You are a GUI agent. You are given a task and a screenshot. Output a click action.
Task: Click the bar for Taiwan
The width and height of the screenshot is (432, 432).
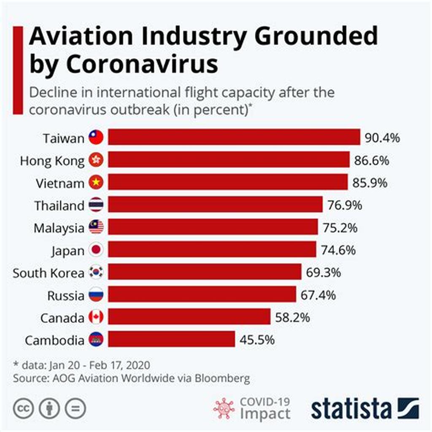click(234, 138)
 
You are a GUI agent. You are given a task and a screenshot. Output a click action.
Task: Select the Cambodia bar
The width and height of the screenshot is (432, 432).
click(171, 339)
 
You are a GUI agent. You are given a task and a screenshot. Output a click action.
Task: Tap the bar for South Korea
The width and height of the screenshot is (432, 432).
click(205, 272)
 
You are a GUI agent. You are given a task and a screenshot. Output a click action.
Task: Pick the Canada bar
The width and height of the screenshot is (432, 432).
click(189, 317)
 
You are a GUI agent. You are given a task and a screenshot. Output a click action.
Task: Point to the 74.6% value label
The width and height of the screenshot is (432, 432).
click(338, 250)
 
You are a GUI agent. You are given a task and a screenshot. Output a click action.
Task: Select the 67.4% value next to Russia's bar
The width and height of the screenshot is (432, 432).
click(319, 295)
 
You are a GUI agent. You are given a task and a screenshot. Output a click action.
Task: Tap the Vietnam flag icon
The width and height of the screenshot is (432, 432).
click(96, 183)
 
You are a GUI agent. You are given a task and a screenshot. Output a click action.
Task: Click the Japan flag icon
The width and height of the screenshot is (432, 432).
click(96, 250)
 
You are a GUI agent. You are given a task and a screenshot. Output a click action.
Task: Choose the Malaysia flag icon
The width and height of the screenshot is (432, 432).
click(96, 228)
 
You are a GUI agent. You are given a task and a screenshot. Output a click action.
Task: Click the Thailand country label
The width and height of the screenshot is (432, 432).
click(59, 206)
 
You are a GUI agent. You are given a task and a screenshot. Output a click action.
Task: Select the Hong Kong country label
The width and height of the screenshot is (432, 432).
click(52, 161)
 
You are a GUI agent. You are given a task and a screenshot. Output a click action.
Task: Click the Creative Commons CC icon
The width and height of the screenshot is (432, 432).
click(23, 408)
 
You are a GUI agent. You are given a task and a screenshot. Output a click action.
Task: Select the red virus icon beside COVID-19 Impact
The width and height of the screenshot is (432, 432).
click(224, 408)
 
